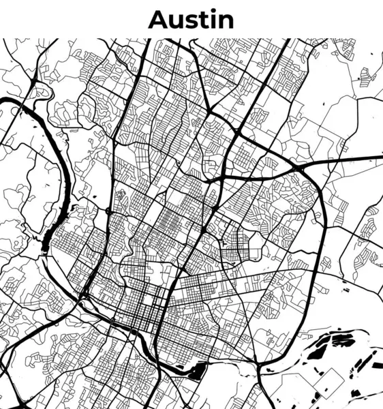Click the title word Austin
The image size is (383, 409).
(191, 19)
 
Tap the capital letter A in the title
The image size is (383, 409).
(159, 19)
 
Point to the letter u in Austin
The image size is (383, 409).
(177, 20)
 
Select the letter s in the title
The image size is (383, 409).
(193, 20)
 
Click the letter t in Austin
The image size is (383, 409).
(205, 20)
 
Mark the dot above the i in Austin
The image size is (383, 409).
(214, 12)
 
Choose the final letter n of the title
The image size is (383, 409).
(226, 20)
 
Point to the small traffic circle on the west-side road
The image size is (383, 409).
(108, 211)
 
